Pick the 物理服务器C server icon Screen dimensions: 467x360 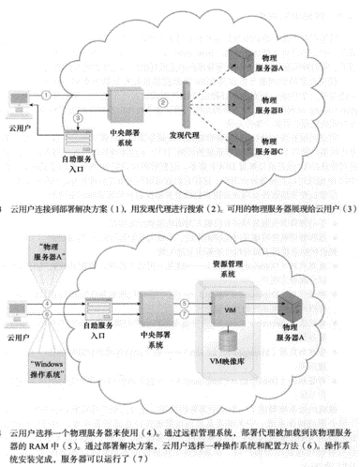coord(237,144)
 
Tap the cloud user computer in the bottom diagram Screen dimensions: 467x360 coord(12,309)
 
